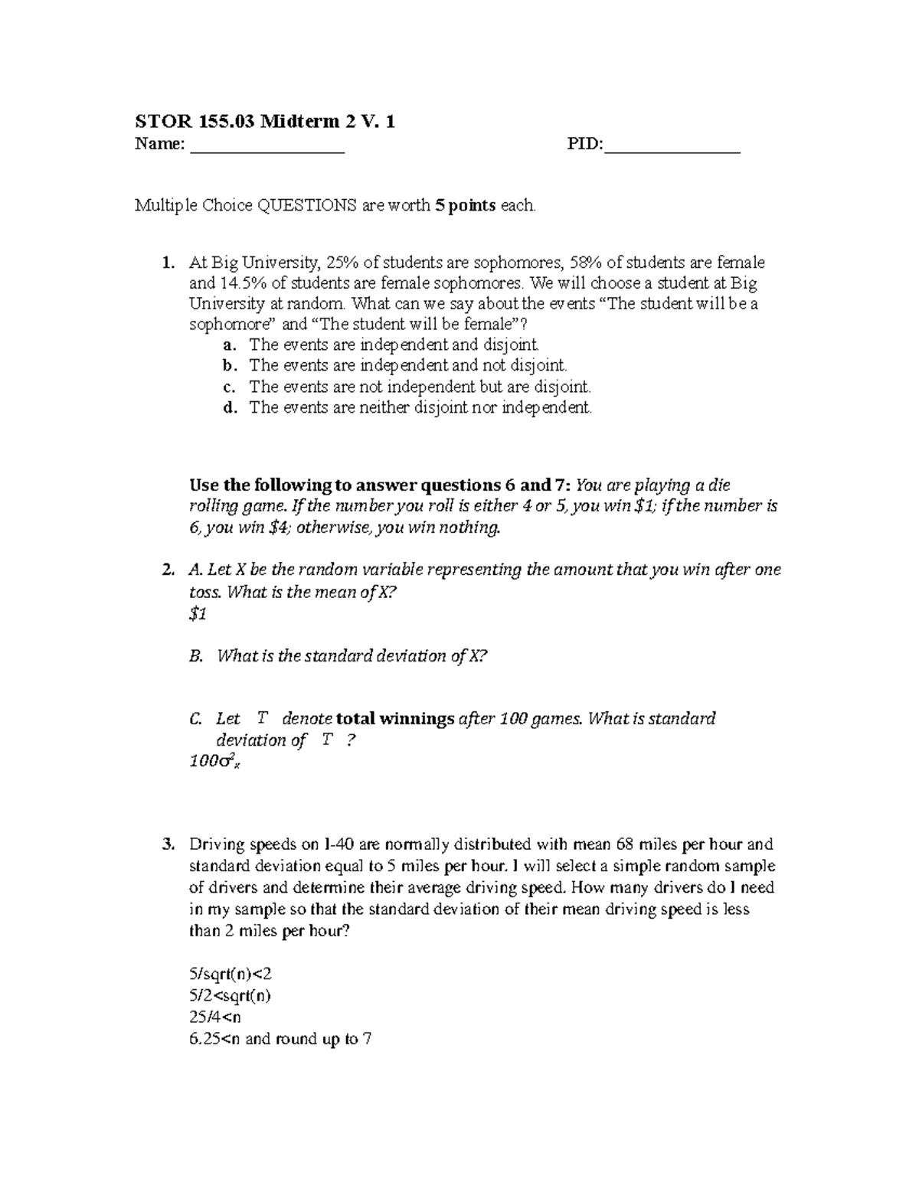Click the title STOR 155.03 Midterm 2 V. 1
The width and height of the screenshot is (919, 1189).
pyautogui.click(x=264, y=121)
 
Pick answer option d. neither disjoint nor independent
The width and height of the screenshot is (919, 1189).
pyautogui.click(x=420, y=407)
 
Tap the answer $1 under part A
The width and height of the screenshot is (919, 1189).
pyautogui.click(x=198, y=614)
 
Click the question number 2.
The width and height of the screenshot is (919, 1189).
pyautogui.click(x=168, y=570)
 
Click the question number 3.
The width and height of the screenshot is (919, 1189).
pyautogui.click(x=168, y=844)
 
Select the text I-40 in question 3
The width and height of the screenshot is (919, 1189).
pyautogui.click(x=339, y=844)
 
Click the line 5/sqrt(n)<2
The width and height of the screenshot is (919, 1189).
pyautogui.click(x=230, y=975)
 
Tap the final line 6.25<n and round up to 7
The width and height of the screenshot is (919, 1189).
pyautogui.click(x=280, y=1039)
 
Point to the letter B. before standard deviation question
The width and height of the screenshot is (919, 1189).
pyautogui.click(x=195, y=656)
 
